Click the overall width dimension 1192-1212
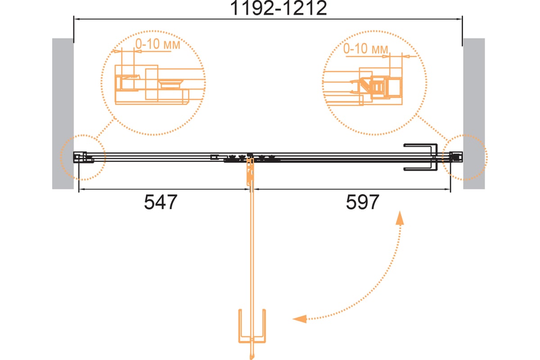(279, 8)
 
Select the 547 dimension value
(161, 202)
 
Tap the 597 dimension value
(362, 202)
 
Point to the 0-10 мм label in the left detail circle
(157, 44)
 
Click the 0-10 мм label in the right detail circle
(366, 49)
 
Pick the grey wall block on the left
(63, 113)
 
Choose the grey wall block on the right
(474, 113)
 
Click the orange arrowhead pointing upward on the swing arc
(400, 218)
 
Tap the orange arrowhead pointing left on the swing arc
(300, 319)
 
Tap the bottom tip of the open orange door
(252, 359)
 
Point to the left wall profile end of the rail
(80, 157)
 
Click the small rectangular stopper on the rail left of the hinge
(214, 157)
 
